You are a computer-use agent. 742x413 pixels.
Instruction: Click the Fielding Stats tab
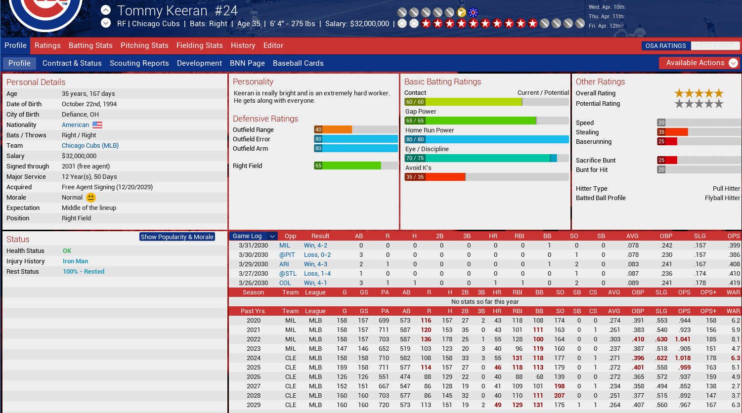point(199,45)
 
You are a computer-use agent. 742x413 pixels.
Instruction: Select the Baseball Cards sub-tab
point(298,63)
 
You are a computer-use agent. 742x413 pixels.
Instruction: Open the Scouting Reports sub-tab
point(139,63)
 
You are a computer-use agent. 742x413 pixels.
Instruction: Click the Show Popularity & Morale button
point(177,237)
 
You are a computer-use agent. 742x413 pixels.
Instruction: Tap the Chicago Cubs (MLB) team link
point(90,146)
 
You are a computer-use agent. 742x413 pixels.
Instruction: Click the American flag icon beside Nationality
point(97,125)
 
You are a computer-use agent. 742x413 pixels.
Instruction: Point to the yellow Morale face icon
point(91,198)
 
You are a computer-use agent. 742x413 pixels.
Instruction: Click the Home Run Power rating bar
point(486,139)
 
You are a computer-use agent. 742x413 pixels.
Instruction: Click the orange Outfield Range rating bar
point(333,129)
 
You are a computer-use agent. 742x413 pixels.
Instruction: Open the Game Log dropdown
point(272,236)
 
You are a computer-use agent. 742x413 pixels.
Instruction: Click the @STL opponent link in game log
point(288,274)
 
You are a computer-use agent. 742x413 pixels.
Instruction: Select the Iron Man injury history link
point(75,261)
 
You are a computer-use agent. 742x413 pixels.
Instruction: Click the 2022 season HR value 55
point(497,339)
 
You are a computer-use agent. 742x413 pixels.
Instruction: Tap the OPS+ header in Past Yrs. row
point(708,311)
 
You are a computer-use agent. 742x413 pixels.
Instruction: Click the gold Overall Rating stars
point(698,93)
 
